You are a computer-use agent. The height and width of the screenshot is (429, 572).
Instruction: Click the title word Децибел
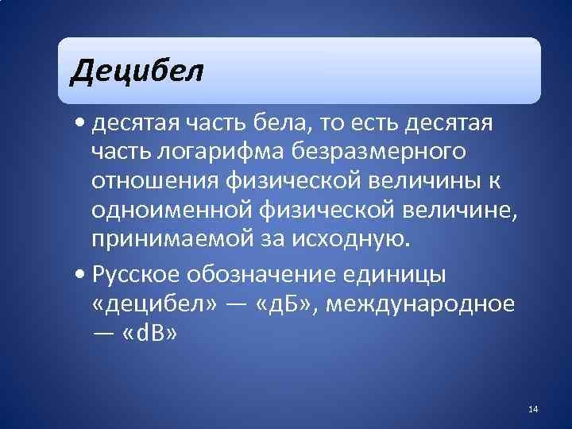(137, 72)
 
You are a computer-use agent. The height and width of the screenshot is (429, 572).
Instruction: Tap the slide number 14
(532, 409)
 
